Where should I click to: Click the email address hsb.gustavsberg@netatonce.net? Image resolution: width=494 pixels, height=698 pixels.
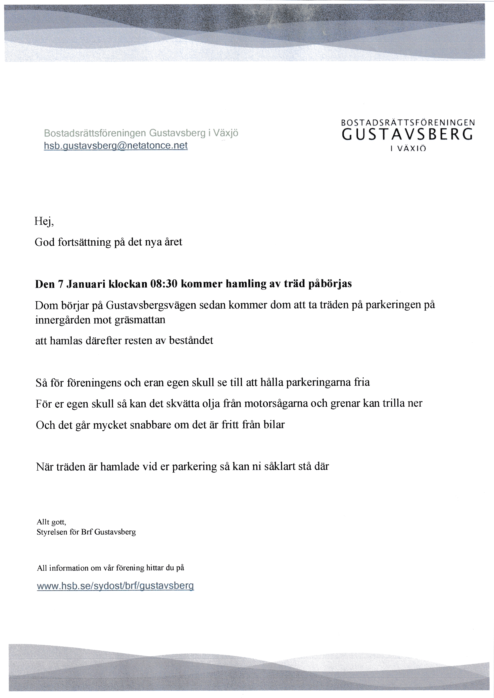(116, 146)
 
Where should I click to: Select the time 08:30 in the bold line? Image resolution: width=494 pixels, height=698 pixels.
(164, 284)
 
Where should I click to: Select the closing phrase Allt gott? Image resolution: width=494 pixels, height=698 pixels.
(51, 522)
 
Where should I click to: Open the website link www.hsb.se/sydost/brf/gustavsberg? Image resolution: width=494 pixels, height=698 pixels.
(115, 586)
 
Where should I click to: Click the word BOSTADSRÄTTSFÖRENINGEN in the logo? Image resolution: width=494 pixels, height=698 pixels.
(408, 123)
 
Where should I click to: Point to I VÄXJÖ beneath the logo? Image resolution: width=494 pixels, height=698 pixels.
(408, 149)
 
